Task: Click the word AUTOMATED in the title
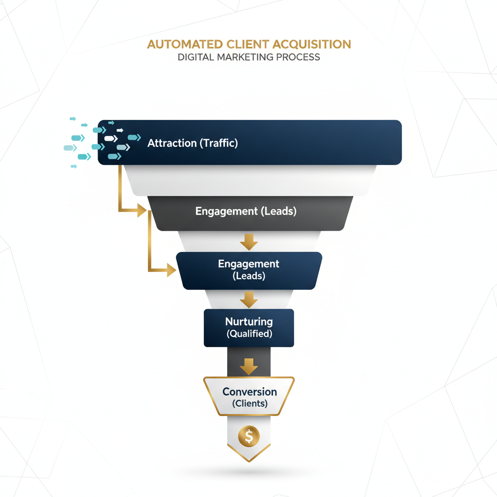(184, 44)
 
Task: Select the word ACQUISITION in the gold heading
(312, 44)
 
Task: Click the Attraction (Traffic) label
(193, 143)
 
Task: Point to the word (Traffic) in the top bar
(218, 143)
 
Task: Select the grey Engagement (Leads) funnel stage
(246, 212)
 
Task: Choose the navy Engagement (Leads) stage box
(248, 270)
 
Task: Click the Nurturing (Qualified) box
(248, 328)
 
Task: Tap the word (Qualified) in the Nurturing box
(249, 334)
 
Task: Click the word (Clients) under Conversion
(249, 403)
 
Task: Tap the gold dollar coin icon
(249, 436)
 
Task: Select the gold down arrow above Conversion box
(249, 366)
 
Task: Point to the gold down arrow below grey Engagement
(249, 242)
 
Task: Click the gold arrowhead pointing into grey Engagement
(142, 210)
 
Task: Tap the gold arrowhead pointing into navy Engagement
(171, 270)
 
